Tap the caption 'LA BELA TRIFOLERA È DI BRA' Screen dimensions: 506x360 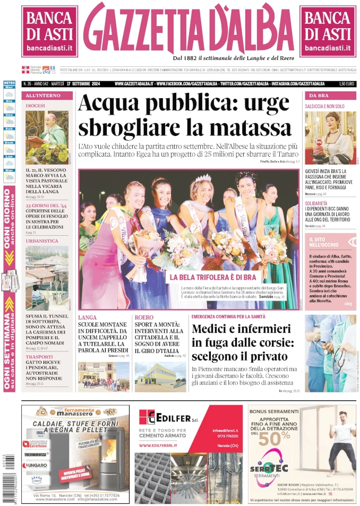[x=212, y=277]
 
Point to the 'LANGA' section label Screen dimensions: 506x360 [x=88, y=317]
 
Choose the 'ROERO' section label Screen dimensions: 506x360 [x=144, y=317]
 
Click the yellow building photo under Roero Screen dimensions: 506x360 [x=160, y=376]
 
